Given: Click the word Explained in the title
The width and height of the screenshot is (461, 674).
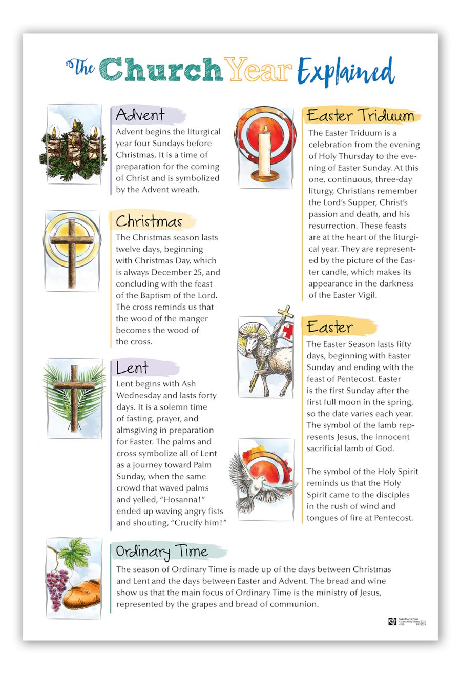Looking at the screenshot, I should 347,72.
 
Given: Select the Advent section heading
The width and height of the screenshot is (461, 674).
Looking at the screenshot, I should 140,115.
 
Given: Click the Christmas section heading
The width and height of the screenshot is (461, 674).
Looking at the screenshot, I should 149,221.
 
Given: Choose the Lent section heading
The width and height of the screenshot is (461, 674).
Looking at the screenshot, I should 132,367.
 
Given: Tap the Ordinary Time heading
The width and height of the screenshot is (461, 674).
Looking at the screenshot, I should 162,552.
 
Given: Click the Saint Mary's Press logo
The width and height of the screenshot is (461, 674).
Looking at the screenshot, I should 392,622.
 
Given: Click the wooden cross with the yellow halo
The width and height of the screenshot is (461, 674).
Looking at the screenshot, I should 72,250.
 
